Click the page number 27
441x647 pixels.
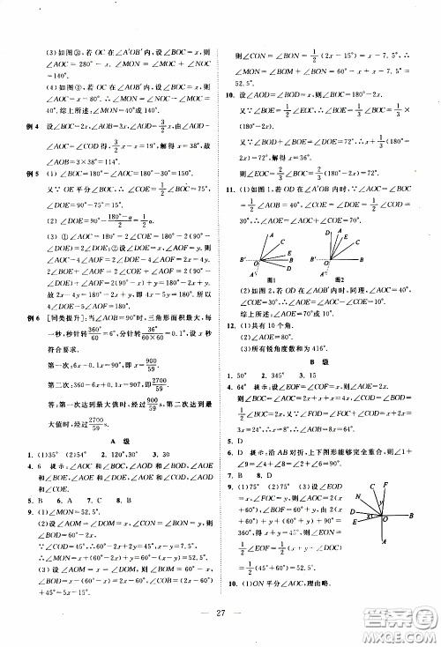[220, 612]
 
